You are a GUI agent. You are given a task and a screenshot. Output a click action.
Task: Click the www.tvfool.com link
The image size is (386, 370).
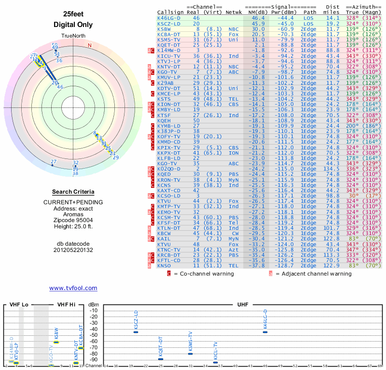[x=73, y=288]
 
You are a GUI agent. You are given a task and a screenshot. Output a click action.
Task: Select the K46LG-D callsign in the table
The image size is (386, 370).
[x=169, y=18]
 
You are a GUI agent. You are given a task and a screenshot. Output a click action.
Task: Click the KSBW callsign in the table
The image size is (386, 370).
[x=164, y=29]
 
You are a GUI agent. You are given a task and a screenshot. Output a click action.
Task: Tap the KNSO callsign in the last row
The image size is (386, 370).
[x=164, y=265]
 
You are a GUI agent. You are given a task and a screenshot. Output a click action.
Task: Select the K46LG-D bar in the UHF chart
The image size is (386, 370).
[x=265, y=332]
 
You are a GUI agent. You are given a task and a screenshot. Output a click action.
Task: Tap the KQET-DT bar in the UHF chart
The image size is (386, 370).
[x=161, y=359]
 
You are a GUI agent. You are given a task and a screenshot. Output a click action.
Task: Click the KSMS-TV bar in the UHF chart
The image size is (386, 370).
[x=190, y=354]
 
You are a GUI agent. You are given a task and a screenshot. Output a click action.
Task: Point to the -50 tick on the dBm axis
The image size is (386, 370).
[x=94, y=335]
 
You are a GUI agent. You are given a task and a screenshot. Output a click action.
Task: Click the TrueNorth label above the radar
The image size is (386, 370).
[x=73, y=36]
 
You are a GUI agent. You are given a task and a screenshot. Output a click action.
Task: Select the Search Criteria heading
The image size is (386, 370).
[x=73, y=192]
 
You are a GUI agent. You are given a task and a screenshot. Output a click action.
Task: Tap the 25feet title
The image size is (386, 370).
[x=73, y=14]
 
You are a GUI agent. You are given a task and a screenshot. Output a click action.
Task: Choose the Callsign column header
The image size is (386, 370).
[x=168, y=12]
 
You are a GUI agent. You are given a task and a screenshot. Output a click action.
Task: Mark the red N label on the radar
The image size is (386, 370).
[x=89, y=46]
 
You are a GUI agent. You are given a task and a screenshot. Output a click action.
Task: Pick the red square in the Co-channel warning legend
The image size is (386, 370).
[x=169, y=274]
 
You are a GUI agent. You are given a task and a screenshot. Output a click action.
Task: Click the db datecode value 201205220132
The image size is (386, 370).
[x=73, y=250]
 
